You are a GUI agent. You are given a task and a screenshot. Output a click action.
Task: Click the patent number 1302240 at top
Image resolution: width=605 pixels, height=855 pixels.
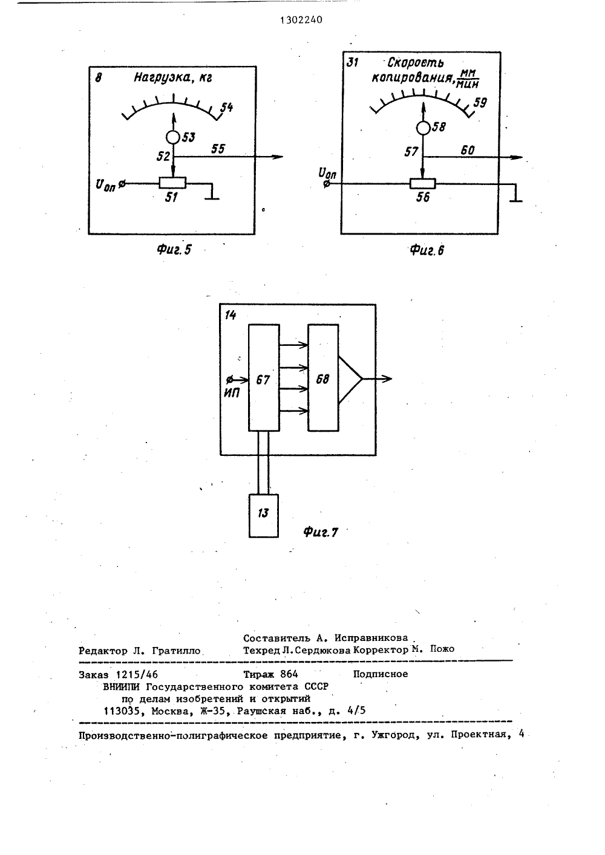point(301,20)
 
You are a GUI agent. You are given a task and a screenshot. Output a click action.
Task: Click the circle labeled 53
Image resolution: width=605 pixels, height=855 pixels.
point(173,137)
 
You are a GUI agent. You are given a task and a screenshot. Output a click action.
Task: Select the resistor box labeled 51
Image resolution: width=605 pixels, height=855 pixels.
point(172,183)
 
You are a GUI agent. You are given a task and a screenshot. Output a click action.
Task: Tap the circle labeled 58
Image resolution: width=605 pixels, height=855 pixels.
point(423,128)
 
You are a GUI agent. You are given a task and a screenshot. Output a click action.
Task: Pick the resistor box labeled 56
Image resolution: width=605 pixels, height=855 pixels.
point(423,184)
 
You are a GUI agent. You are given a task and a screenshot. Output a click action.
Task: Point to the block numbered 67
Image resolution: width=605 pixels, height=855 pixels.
point(264,377)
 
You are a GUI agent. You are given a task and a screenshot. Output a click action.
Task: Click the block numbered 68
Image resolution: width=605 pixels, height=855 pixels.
point(323,377)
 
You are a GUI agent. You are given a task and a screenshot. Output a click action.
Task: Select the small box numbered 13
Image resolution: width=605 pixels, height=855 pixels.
point(264,516)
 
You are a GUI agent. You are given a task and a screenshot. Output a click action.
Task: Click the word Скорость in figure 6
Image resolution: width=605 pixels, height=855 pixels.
point(416,62)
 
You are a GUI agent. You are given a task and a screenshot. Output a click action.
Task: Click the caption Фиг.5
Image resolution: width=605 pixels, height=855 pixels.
point(174,249)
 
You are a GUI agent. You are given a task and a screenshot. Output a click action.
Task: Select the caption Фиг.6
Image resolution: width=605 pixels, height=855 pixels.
point(427,250)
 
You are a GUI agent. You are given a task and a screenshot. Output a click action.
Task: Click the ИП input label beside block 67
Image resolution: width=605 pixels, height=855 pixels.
point(232,392)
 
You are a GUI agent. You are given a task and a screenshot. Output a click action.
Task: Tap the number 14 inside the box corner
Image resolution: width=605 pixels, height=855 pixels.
point(231,315)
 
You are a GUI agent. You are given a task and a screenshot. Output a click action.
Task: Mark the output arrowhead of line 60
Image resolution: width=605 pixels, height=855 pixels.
point(517,157)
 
